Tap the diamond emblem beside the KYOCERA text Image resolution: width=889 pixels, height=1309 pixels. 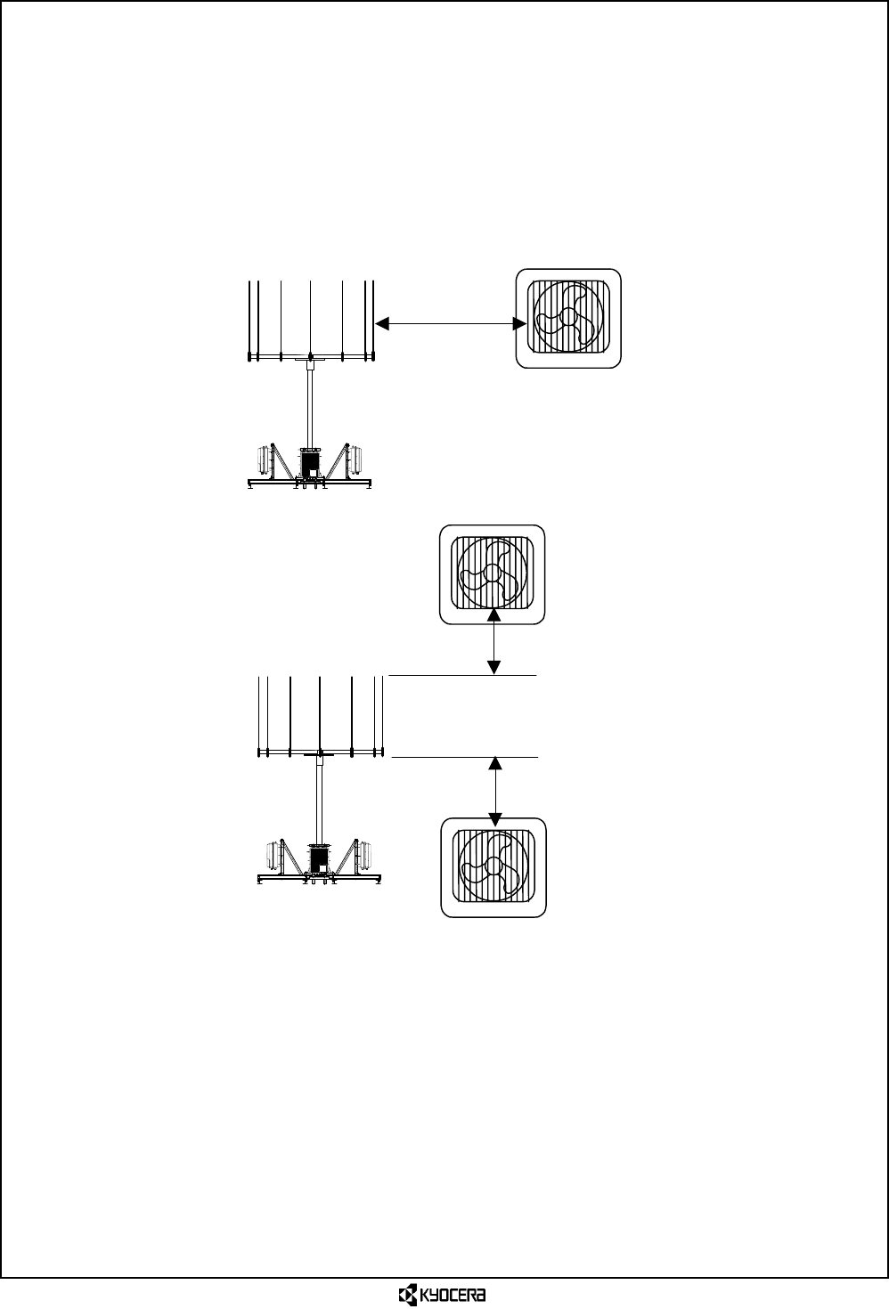tap(407, 1294)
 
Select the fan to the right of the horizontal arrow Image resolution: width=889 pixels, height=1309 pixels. tap(568, 318)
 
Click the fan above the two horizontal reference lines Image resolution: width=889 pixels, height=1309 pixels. tap(492, 574)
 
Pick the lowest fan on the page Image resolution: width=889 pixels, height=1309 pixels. tap(493, 867)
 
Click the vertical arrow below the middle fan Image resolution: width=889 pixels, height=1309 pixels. tap(495, 641)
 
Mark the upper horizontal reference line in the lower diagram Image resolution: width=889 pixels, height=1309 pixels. tap(463, 676)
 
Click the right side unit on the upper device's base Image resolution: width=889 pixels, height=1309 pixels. tap(357, 460)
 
